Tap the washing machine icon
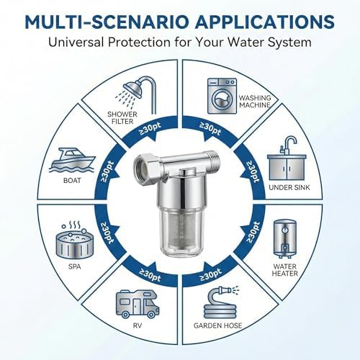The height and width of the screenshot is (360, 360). click(222, 96)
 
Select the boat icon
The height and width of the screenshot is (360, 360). click(72, 160)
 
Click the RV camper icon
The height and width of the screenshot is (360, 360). click(138, 304)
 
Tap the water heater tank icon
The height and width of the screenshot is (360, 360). click(285, 238)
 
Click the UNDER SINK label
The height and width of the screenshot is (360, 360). click(289, 187)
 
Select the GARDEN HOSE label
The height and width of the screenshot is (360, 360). click(217, 325)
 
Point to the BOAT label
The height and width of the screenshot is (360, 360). click(72, 180)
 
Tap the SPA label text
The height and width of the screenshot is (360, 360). click(75, 266)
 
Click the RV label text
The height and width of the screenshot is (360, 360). click(138, 325)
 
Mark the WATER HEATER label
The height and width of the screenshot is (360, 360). click(285, 270)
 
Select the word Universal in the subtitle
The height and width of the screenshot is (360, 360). click(76, 42)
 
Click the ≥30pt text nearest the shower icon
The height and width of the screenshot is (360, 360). click(150, 129)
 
